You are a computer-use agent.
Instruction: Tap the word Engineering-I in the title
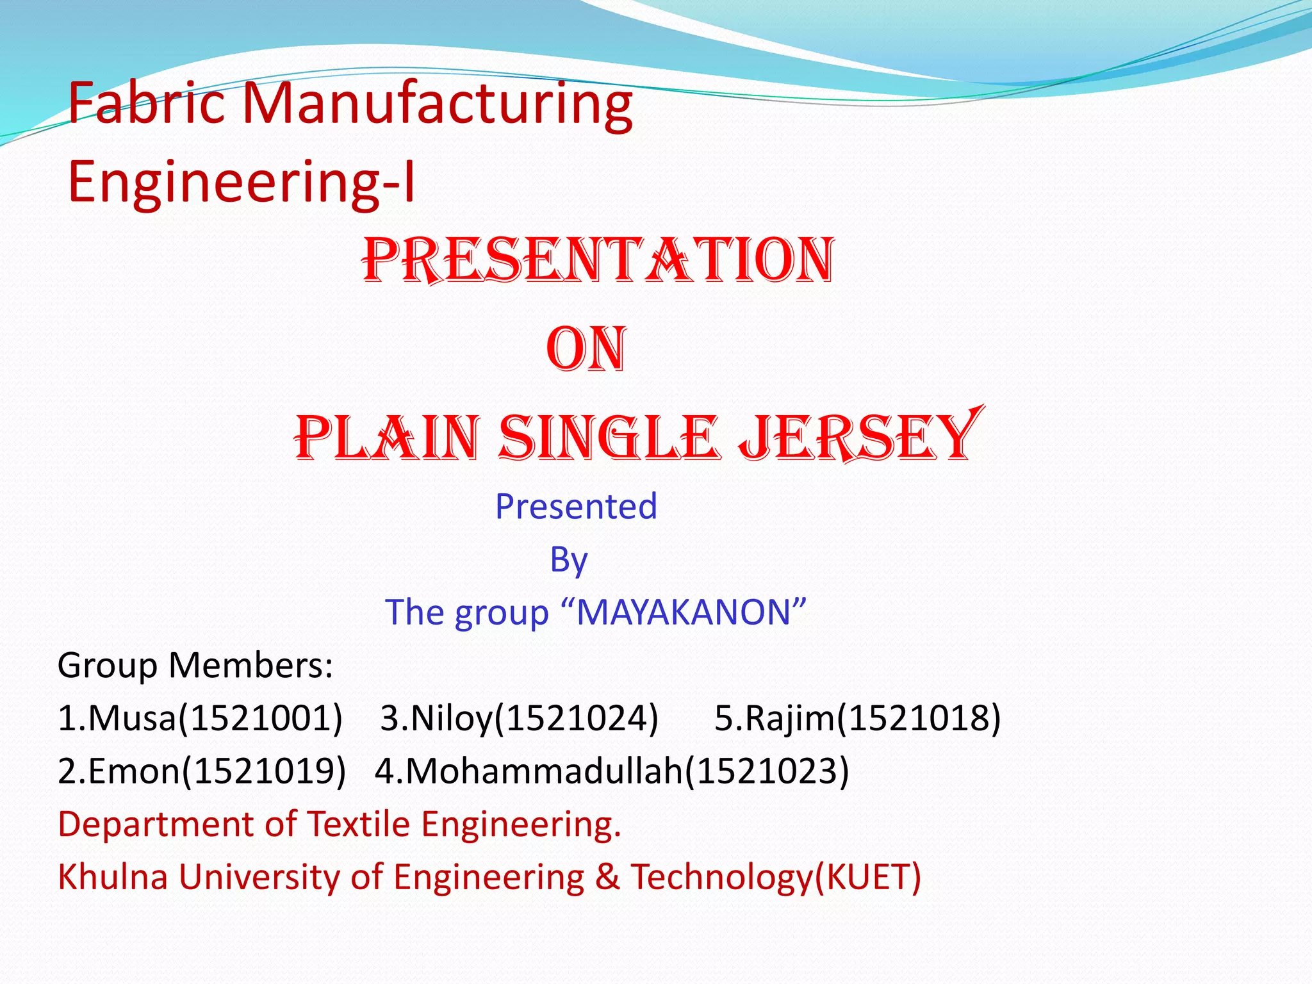click(242, 182)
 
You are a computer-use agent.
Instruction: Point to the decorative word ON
click(586, 349)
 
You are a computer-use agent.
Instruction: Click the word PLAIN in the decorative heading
click(387, 438)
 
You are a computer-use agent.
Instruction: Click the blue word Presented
click(576, 506)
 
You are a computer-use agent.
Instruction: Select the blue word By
click(569, 560)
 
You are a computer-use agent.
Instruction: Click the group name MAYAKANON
click(684, 612)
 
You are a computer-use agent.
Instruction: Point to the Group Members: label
click(195, 665)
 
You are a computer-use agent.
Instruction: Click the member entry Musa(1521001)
click(200, 717)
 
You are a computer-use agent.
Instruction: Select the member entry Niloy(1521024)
click(519, 717)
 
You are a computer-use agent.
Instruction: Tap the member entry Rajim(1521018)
click(857, 717)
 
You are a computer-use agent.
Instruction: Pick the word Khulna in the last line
click(113, 876)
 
